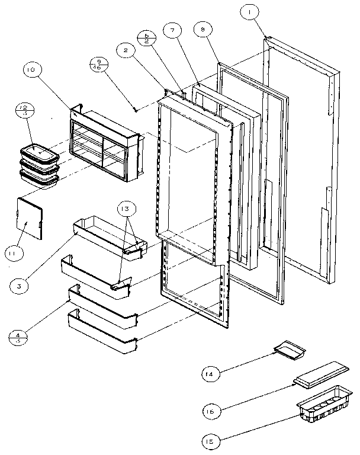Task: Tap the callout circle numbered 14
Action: [x=210, y=374]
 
